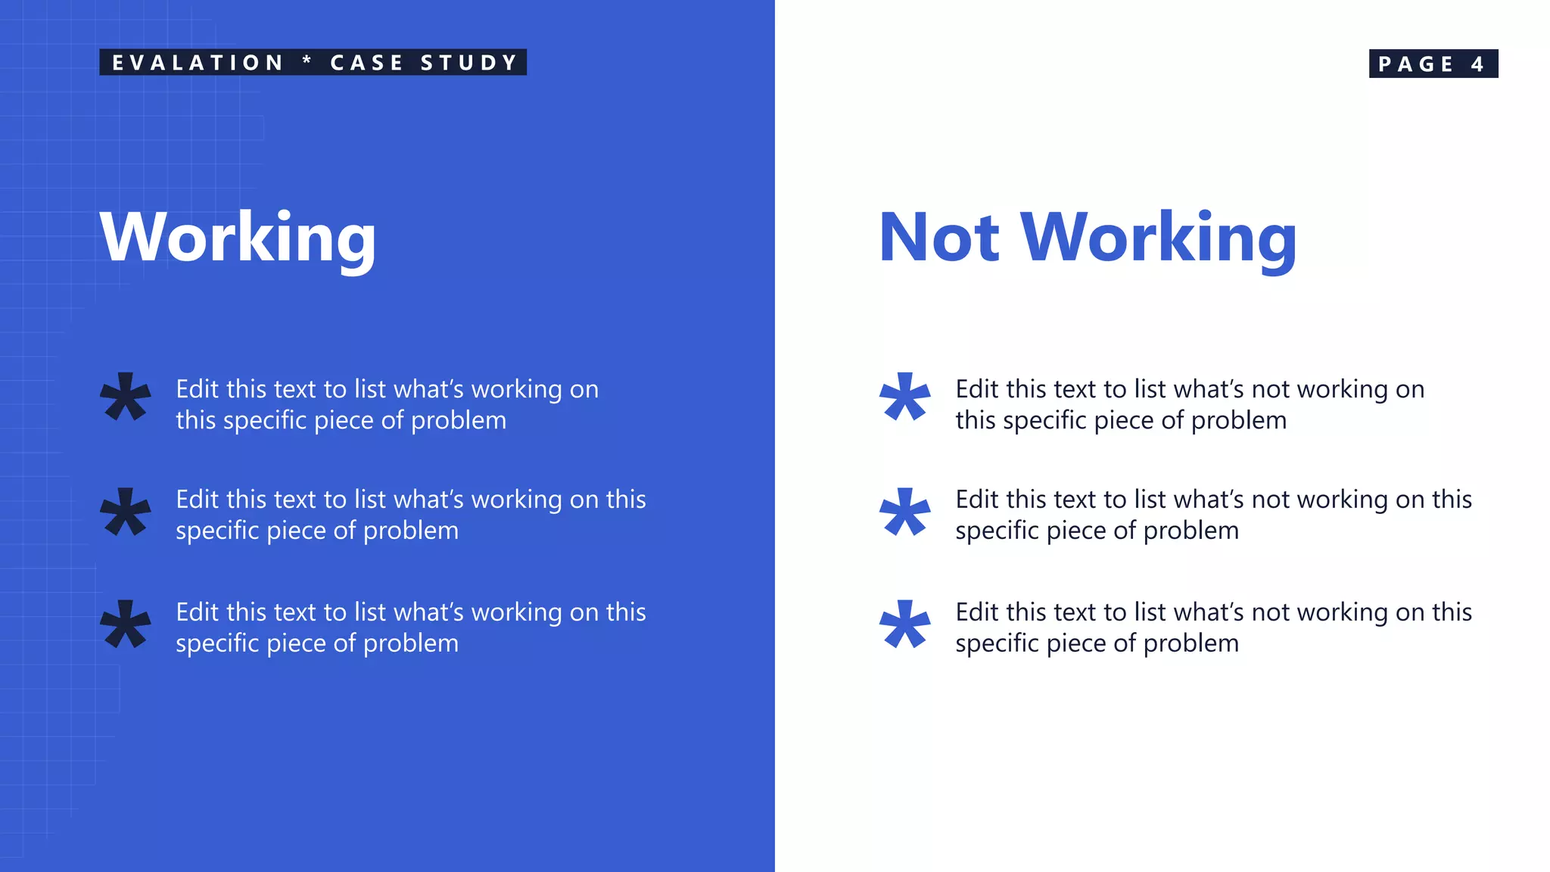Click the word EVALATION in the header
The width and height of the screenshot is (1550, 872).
click(x=198, y=63)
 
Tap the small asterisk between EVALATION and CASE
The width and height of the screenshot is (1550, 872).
click(x=307, y=61)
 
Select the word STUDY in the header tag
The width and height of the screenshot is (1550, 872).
click(x=468, y=63)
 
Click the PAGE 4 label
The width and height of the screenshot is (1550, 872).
click(x=1433, y=64)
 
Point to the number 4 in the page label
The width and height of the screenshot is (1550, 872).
click(x=1477, y=64)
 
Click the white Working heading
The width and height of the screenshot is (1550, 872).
click(x=238, y=238)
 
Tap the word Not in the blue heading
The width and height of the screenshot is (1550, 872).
click(x=939, y=238)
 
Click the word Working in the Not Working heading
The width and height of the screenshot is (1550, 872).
click(x=1159, y=238)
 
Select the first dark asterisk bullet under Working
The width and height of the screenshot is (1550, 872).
click(x=126, y=396)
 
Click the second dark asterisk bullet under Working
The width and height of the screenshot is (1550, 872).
click(x=126, y=511)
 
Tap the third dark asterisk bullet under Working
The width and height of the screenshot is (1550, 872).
click(x=126, y=624)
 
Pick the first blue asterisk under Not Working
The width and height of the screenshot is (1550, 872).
click(x=904, y=396)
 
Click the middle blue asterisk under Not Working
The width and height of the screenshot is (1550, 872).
click(x=904, y=511)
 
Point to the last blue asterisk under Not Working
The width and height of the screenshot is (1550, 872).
click(x=904, y=624)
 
